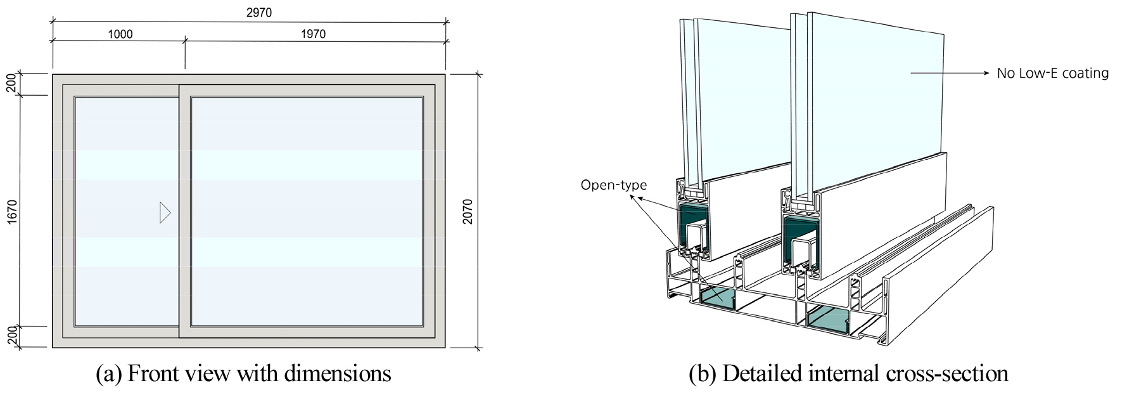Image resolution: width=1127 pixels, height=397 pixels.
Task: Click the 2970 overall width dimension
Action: (258, 13)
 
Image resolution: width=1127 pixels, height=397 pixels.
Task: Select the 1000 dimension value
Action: (120, 34)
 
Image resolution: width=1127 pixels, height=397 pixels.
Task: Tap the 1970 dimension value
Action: (313, 34)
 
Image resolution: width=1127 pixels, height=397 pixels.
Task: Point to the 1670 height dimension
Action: (12, 212)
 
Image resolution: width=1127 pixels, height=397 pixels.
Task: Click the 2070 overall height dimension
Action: (468, 212)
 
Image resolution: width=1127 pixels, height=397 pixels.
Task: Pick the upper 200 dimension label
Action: (12, 84)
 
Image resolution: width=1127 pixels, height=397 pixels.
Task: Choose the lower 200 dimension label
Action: (12, 337)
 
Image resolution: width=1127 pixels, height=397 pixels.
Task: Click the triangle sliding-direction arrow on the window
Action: (165, 212)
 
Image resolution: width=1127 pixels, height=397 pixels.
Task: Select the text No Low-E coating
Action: (1053, 73)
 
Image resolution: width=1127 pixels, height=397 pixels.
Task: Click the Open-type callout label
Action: (614, 185)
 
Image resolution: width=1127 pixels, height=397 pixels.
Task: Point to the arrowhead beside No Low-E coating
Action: (985, 73)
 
